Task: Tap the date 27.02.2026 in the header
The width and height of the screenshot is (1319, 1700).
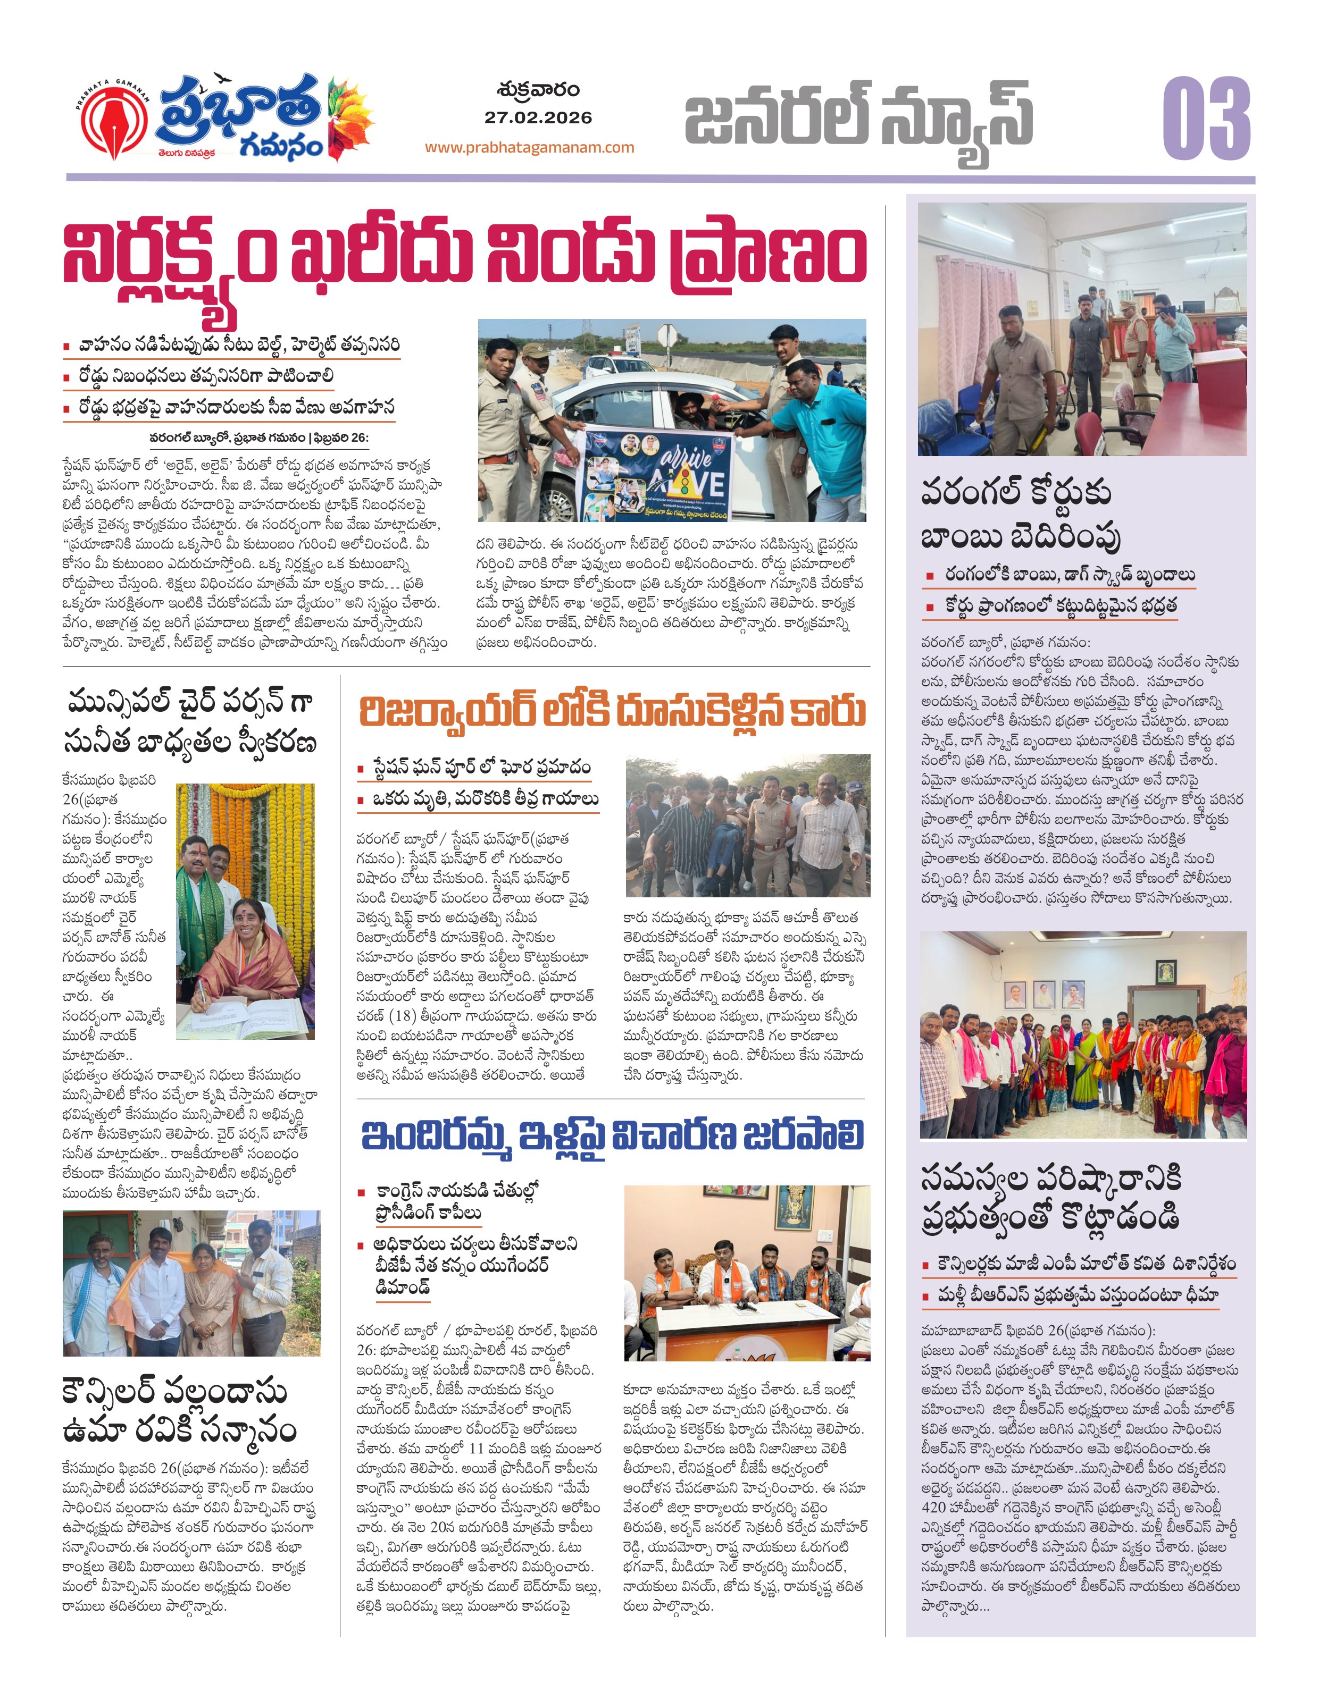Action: [x=538, y=117]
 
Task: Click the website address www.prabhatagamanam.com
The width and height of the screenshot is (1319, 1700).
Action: [x=530, y=147]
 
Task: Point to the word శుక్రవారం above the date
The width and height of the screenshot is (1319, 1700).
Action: [x=538, y=89]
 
